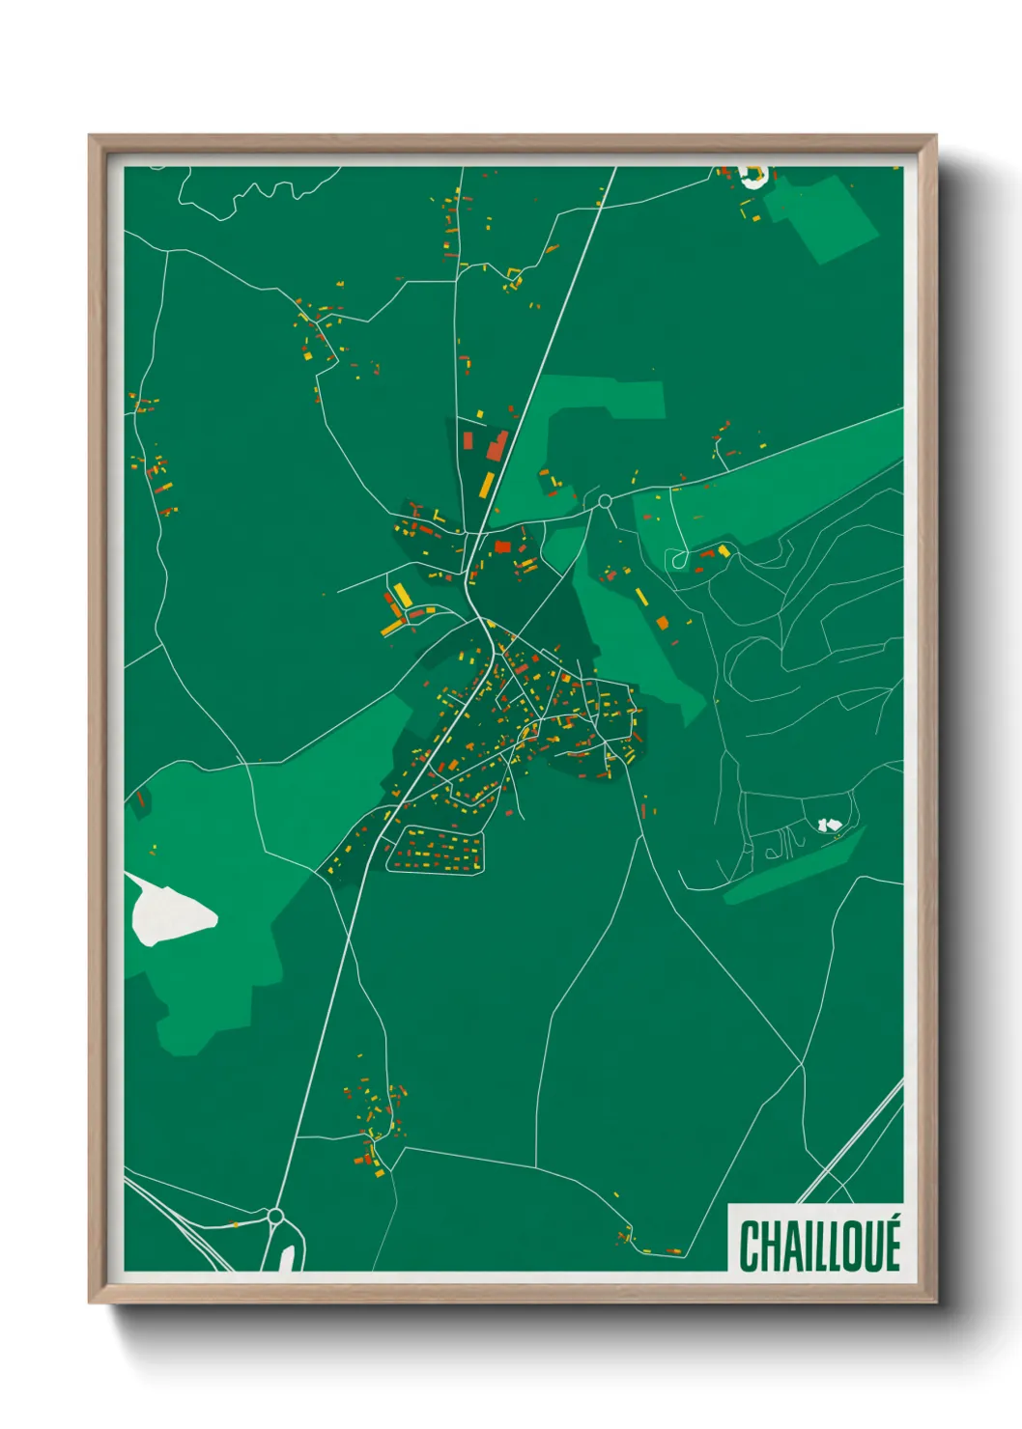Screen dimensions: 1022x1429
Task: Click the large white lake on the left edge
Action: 168,911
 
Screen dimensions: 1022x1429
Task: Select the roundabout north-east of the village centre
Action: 605,501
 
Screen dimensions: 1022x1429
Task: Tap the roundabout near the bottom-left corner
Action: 275,1216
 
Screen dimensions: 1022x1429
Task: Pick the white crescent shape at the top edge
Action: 752,176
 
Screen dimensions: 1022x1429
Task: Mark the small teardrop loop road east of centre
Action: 678,559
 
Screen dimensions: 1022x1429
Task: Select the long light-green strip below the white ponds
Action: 792,869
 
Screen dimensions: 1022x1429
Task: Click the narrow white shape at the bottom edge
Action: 287,1258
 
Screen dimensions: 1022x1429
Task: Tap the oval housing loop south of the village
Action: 436,850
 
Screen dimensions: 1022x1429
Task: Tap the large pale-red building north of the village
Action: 497,446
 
